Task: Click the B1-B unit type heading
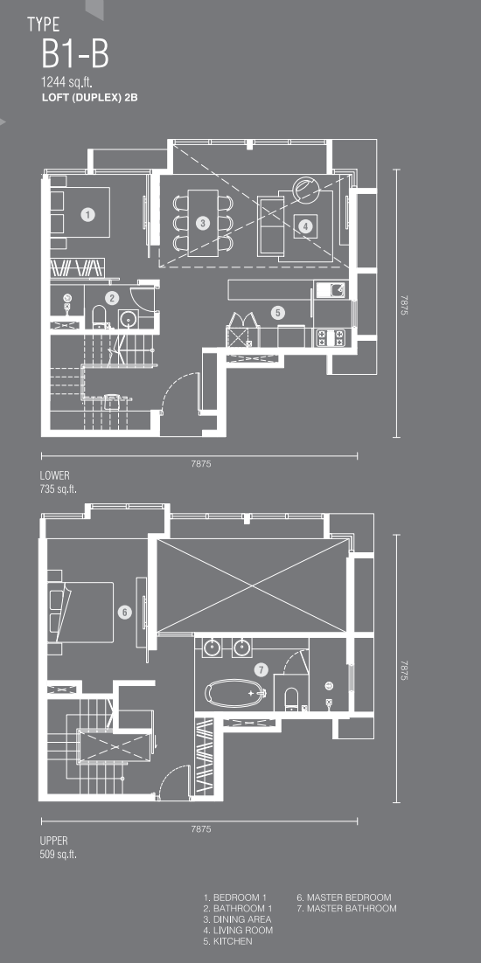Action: click(75, 53)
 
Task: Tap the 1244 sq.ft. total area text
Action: click(66, 82)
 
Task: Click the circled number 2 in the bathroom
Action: click(112, 299)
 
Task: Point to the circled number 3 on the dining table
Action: click(204, 224)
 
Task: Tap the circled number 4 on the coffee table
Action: click(305, 226)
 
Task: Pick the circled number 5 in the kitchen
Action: click(277, 313)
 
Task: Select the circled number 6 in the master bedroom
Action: click(125, 613)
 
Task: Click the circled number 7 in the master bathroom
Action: click(262, 669)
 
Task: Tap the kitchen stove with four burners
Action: click(331, 336)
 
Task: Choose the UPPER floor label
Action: click(53, 841)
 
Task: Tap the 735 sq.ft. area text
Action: click(59, 488)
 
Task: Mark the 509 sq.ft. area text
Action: click(59, 854)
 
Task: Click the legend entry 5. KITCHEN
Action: click(228, 941)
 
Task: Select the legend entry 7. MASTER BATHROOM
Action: click(346, 908)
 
